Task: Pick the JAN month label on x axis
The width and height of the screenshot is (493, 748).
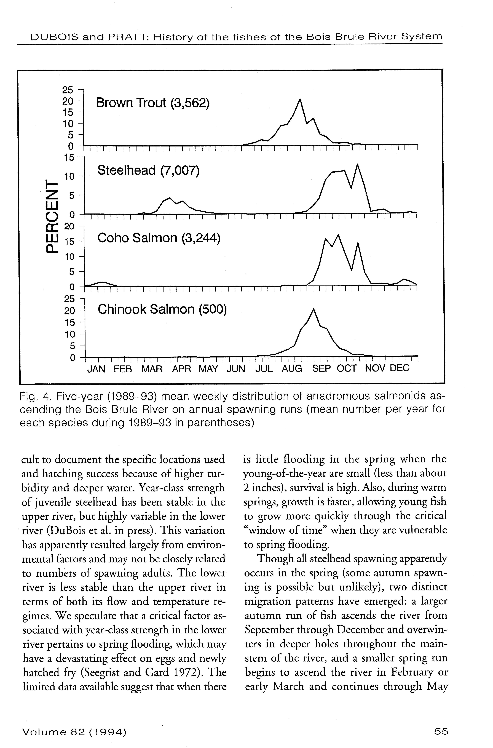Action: pyautogui.click(x=96, y=368)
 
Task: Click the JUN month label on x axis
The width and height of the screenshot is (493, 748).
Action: pyautogui.click(x=236, y=368)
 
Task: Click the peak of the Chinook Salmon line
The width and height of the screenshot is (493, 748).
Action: pyautogui.click(x=314, y=309)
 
